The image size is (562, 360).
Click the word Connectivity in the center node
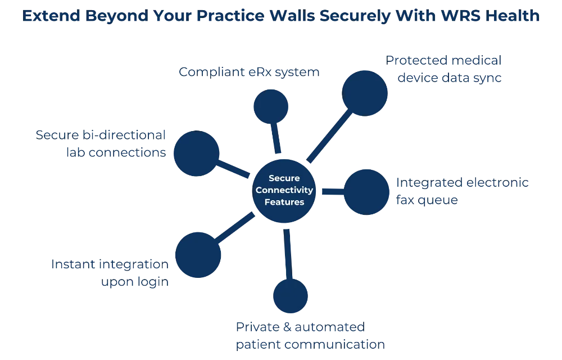[284, 190]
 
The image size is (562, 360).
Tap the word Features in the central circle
[284, 202]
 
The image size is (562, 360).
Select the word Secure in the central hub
[284, 178]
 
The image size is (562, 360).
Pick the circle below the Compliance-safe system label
[271, 107]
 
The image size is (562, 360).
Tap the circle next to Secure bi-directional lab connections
[196, 153]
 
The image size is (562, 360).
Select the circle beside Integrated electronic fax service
[366, 191]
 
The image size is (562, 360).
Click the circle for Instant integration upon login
[199, 254]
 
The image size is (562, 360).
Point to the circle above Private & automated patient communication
[289, 295]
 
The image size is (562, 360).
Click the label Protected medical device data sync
[445, 69]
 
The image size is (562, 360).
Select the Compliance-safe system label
[248, 71]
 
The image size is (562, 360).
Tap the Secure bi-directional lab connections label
[101, 143]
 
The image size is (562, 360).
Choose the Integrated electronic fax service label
[462, 191]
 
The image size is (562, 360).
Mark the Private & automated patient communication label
[310, 335]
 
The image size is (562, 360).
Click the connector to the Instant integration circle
[236, 227]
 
